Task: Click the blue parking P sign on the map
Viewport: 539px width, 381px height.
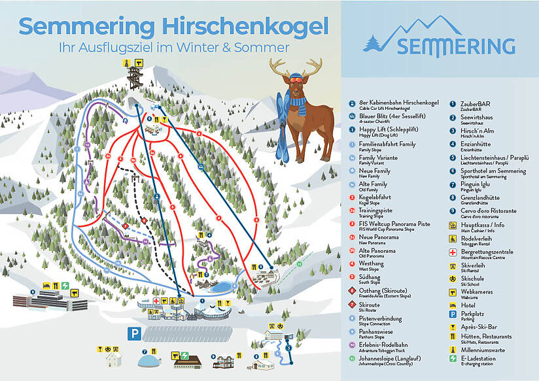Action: tap(134, 333)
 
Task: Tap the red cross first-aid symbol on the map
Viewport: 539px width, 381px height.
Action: tap(156, 301)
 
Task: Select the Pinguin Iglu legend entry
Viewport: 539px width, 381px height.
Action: tap(476, 184)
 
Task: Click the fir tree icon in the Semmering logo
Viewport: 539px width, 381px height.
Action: tap(375, 41)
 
